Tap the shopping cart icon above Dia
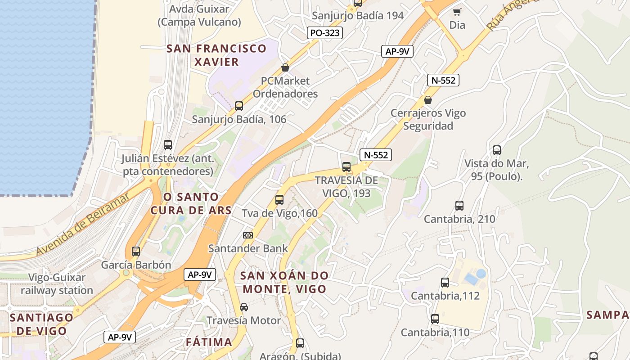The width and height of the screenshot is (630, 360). point(457,12)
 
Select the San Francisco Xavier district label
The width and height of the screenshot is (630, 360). point(216,55)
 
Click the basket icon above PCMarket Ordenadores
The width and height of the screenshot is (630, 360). point(285,68)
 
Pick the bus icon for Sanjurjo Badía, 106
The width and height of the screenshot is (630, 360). point(239,106)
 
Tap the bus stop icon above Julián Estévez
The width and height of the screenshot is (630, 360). point(168,145)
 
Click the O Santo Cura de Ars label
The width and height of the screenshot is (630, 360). point(191,203)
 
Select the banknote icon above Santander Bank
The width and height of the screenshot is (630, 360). point(248,235)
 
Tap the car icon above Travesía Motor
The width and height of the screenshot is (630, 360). point(243,307)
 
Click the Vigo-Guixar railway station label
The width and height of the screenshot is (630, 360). point(57,284)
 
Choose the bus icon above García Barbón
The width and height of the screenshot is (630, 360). point(136,252)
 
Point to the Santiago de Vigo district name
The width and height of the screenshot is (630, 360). point(41,324)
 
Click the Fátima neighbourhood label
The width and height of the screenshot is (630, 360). point(209,342)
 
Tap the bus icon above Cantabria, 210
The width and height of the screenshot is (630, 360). point(459,206)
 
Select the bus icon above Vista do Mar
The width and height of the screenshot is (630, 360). point(497,150)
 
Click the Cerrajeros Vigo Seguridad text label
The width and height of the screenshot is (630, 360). point(428,119)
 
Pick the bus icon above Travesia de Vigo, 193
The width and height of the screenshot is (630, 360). point(346,167)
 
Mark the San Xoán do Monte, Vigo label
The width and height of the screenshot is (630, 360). point(284,282)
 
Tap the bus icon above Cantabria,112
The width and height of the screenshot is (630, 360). point(445,283)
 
